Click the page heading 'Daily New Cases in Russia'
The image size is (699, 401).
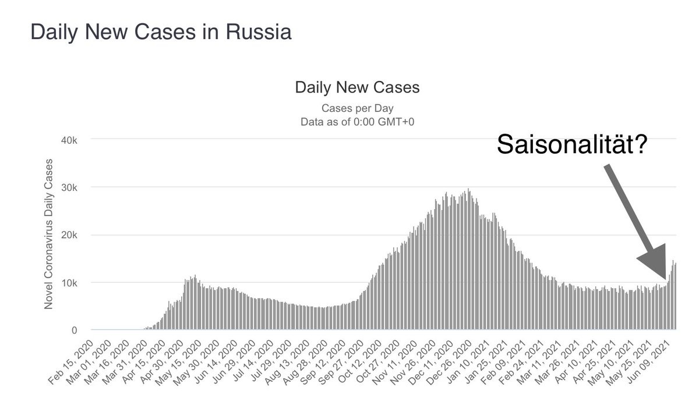(161, 31)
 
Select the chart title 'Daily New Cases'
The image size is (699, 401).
(357, 88)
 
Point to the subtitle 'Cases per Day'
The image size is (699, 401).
(357, 108)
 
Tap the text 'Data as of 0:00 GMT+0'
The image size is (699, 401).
(357, 122)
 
